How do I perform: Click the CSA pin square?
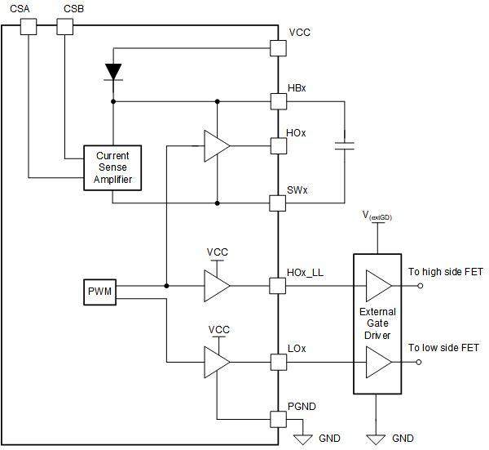click(29, 27)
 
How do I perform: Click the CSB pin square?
click(64, 27)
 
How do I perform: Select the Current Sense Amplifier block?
click(112, 167)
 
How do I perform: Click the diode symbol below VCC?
click(113, 72)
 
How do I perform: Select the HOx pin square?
click(278, 146)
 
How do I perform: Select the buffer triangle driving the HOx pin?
click(217, 146)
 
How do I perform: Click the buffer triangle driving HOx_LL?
click(217, 286)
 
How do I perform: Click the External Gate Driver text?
click(377, 323)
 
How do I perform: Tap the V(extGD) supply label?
click(377, 216)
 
